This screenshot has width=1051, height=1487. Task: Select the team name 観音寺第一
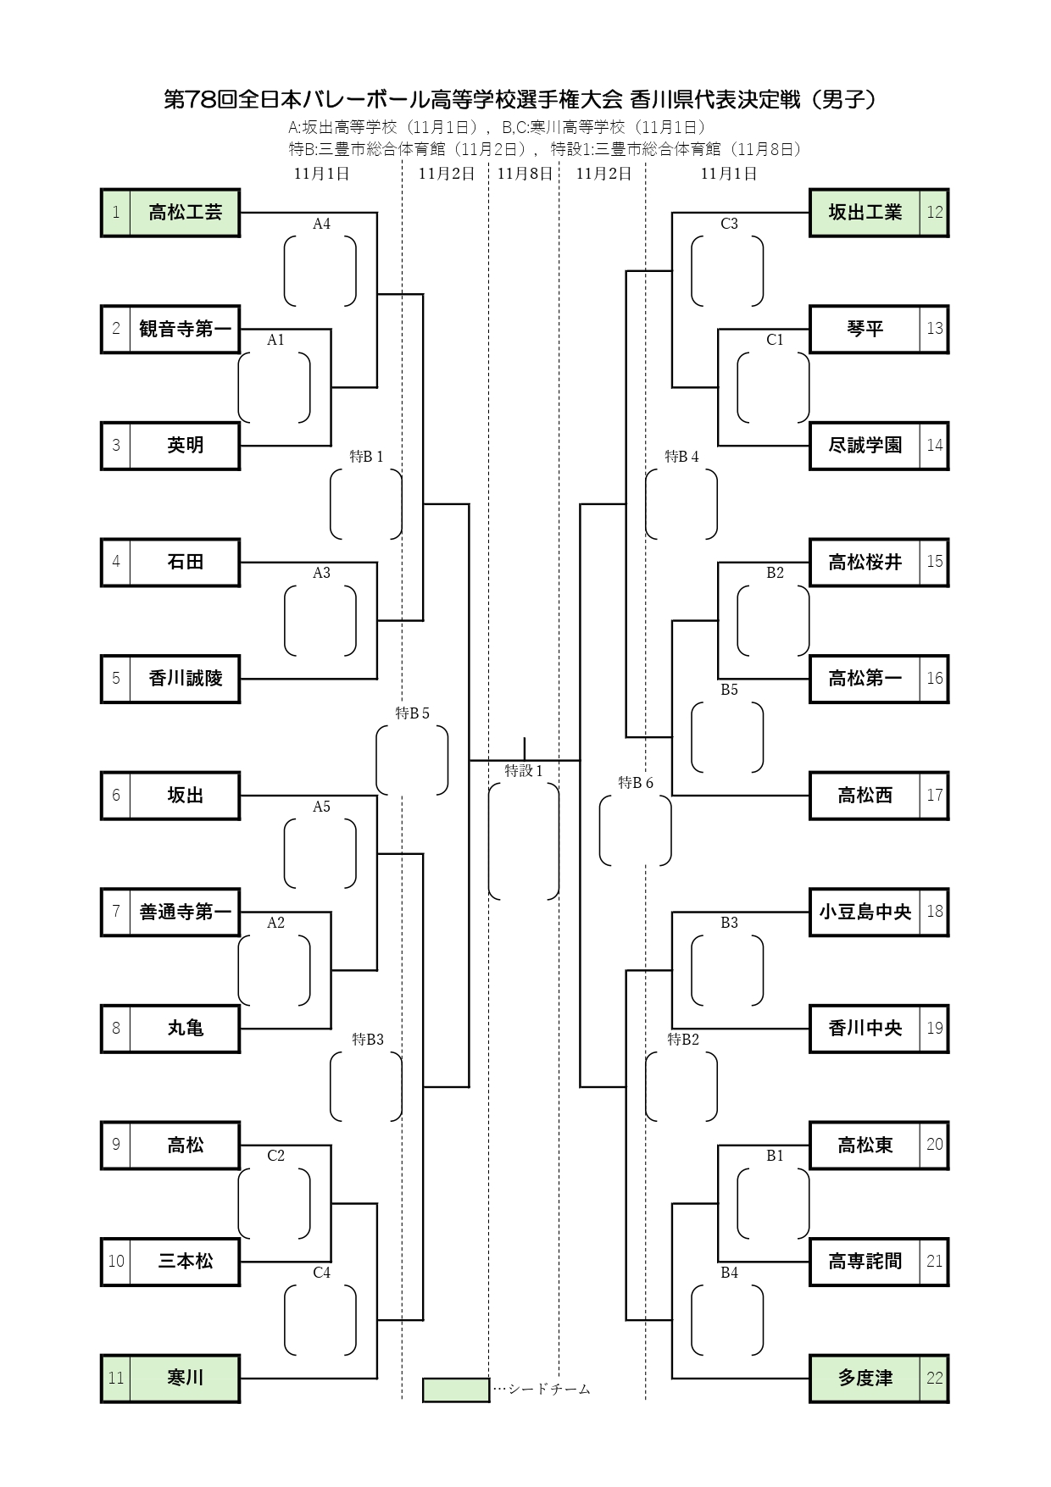[x=185, y=329]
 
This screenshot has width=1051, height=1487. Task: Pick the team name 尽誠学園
[x=865, y=446]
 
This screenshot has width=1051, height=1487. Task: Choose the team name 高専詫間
[x=865, y=1262]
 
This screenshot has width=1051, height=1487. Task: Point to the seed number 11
[x=116, y=1378]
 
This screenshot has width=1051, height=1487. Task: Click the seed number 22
[x=934, y=1378]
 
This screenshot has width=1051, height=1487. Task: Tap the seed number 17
[x=934, y=795]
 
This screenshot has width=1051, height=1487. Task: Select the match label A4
[x=321, y=225]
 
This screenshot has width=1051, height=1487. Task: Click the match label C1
[x=775, y=341]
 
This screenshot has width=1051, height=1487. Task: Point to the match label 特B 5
[x=412, y=713]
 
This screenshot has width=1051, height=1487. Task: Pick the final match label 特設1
[x=523, y=771]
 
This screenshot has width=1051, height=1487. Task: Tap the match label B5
[x=729, y=690]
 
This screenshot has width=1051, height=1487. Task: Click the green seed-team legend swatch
[x=456, y=1390]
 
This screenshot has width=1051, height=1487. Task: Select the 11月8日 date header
[x=525, y=174]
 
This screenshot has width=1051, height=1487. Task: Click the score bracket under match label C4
[x=320, y=1320]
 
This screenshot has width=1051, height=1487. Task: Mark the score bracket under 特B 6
[x=635, y=830]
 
